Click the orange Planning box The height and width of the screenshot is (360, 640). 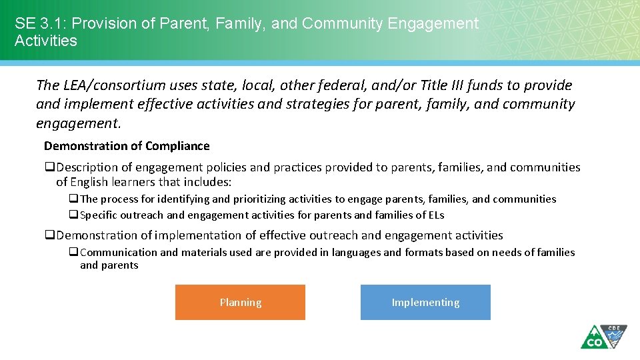[x=240, y=303]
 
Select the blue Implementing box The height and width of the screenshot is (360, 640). [x=425, y=303]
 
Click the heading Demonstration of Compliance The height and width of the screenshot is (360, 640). [x=127, y=146]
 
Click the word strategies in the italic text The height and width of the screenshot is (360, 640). [x=315, y=104]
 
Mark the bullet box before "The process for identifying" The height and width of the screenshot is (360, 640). [x=74, y=199]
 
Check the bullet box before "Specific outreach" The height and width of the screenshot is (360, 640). [x=74, y=215]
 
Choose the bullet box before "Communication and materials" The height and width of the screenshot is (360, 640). [x=74, y=253]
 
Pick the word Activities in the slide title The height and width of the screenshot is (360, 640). [x=46, y=41]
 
